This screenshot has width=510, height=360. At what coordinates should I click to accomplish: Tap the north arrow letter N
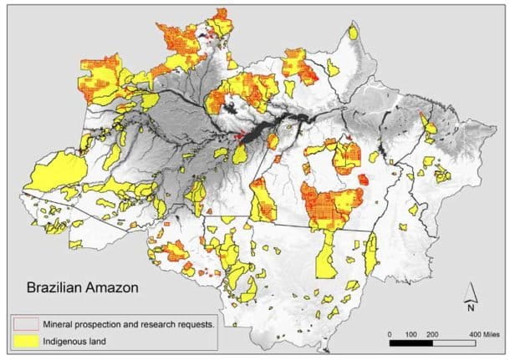(471, 307)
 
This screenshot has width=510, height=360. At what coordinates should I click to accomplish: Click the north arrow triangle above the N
(471, 292)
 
